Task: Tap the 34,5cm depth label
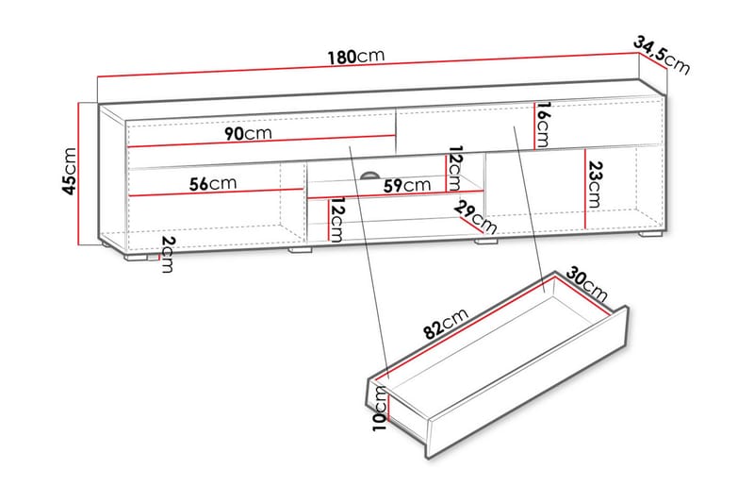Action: pyautogui.click(x=662, y=54)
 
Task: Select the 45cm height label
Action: pyautogui.click(x=69, y=170)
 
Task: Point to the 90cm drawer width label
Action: pyautogui.click(x=248, y=133)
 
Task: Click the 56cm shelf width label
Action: pyautogui.click(x=212, y=183)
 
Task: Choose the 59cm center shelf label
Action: pyautogui.click(x=401, y=186)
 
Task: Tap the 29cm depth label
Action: pyautogui.click(x=474, y=217)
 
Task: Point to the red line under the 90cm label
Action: pyautogui.click(x=259, y=145)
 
